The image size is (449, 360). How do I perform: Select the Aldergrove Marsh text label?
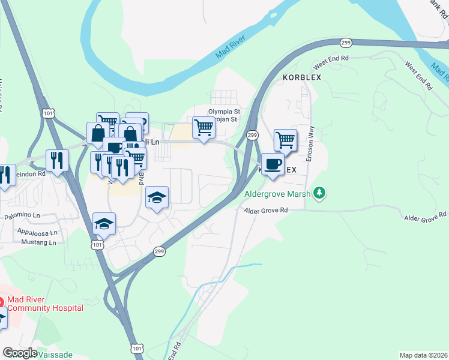click(278, 193)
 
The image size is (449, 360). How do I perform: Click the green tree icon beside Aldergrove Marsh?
click(321, 193)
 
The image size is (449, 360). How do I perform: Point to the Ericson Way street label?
click(310, 143)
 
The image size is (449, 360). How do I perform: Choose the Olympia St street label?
click(224, 112)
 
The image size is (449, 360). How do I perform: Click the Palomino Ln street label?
click(23, 215)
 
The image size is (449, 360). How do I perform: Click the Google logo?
click(19, 353)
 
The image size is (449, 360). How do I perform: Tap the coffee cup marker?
click(273, 164)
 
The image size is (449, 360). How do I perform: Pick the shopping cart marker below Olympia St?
click(203, 128)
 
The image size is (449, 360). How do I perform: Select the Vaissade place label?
click(56, 355)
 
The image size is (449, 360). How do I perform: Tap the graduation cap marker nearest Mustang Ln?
click(104, 223)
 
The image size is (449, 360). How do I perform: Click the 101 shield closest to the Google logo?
click(137, 348)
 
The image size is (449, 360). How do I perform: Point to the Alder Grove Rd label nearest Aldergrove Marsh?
click(266, 211)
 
